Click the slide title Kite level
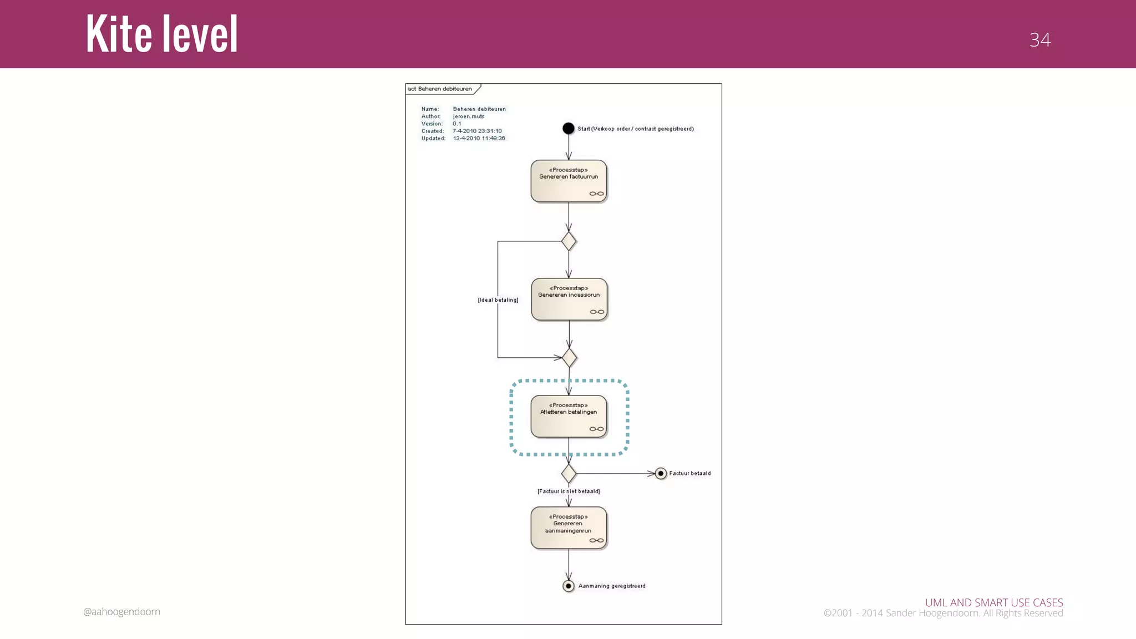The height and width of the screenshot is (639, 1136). pos(161,34)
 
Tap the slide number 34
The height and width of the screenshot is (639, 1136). pos(1039,40)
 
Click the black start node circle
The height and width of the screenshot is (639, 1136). pos(569,129)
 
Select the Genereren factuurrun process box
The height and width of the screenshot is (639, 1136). pos(569,181)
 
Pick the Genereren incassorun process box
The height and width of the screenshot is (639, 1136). pos(569,300)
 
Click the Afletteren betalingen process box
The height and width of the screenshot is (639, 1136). pos(569,417)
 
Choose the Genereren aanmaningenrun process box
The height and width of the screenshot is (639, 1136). pos(569,528)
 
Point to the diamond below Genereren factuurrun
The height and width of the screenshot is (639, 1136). pos(569,241)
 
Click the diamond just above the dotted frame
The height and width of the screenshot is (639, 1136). pos(569,358)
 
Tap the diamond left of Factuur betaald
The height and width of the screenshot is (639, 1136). pos(569,474)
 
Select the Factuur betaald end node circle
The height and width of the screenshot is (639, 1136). pos(661,474)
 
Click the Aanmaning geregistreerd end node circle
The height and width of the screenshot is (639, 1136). pos(569,586)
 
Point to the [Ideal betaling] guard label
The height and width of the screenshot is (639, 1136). pos(498,300)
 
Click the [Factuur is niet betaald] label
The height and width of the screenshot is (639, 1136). pos(569,491)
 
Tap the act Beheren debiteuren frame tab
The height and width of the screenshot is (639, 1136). pos(440,89)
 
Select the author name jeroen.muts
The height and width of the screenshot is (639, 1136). pos(469,116)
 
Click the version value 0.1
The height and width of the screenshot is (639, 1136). pos(457,124)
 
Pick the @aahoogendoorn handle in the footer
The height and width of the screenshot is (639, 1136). pos(121,612)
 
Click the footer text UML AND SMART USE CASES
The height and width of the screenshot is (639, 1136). pos(993,602)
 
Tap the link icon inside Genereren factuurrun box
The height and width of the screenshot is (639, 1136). pos(596,194)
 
